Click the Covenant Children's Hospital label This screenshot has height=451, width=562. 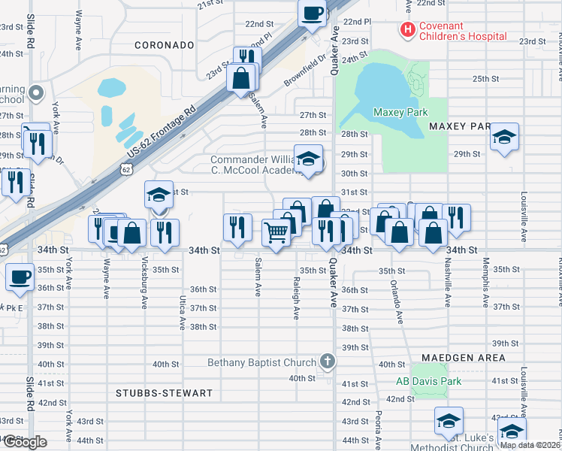click(x=462, y=31)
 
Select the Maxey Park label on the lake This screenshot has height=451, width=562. click(x=400, y=112)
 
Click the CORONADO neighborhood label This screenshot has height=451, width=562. click(x=165, y=45)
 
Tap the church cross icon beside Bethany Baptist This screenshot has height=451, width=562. click(x=326, y=362)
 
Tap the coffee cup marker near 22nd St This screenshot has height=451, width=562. click(x=313, y=13)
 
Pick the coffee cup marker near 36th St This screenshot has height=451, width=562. click(x=20, y=277)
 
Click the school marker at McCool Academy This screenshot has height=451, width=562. click(x=307, y=159)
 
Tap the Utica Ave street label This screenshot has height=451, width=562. click(x=182, y=312)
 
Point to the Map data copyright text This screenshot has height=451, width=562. click(x=530, y=445)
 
